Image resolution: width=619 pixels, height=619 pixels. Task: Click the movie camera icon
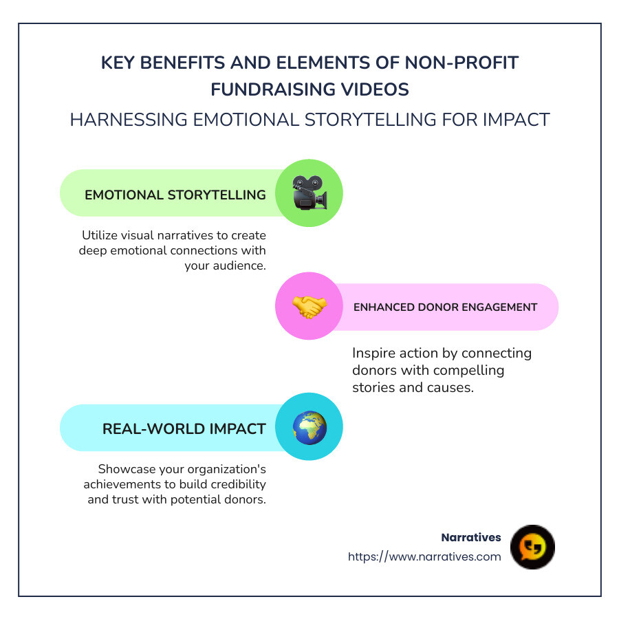point(309,193)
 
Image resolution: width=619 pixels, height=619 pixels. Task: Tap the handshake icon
point(309,307)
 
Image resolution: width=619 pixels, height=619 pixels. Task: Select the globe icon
point(309,428)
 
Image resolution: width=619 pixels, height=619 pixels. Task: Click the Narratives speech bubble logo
point(532,547)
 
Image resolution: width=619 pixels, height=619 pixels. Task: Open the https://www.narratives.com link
point(424,557)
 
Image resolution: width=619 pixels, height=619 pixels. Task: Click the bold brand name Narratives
point(471,538)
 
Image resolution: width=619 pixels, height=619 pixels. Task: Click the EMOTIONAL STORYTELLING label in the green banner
point(175,195)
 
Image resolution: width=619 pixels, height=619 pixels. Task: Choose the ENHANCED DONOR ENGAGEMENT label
point(445,307)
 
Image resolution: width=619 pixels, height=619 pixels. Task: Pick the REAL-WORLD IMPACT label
point(184,429)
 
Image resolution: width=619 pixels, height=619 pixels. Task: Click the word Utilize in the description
point(101,236)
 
